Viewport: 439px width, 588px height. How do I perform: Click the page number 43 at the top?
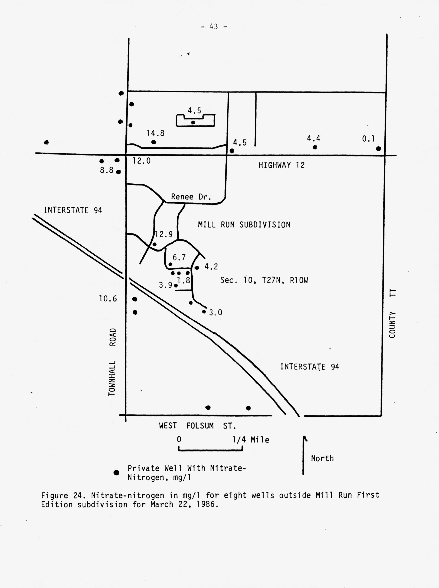(x=213, y=27)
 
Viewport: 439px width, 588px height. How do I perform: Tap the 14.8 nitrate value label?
(x=155, y=133)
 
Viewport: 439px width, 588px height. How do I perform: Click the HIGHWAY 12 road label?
(x=281, y=165)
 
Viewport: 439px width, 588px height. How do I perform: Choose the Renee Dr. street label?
(x=191, y=197)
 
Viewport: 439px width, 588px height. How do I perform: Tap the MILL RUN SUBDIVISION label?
(x=244, y=225)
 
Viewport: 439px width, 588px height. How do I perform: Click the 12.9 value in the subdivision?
(x=164, y=234)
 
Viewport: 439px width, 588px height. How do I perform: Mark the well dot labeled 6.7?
(x=170, y=264)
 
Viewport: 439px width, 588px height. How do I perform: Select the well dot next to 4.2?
(x=197, y=268)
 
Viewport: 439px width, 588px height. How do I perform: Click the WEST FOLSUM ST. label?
(x=197, y=426)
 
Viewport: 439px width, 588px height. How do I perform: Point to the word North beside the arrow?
(x=322, y=458)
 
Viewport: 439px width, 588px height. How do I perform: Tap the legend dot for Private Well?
(x=116, y=473)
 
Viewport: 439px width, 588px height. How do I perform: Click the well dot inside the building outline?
(x=193, y=122)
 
